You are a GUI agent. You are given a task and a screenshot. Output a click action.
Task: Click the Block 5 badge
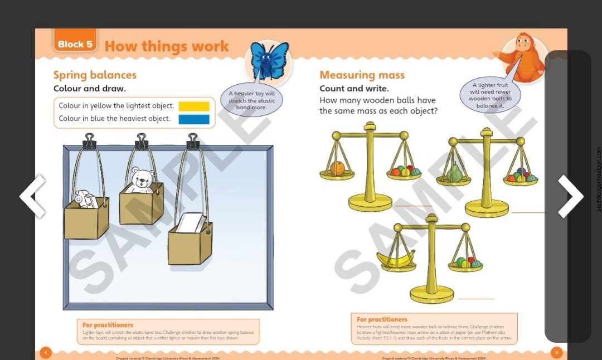click(x=75, y=44)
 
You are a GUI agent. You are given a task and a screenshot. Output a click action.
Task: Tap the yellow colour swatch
click(x=194, y=106)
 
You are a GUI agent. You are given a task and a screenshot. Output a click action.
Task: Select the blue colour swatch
click(x=194, y=119)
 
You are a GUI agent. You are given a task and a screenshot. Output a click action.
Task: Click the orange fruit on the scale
click(x=337, y=168)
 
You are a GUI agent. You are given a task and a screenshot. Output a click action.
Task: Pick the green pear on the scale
click(x=455, y=173)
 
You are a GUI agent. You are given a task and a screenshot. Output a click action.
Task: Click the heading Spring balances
click(x=95, y=75)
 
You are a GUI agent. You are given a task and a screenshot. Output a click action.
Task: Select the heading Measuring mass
click(x=362, y=75)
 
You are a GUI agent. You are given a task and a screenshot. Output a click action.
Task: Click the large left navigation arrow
click(x=32, y=196)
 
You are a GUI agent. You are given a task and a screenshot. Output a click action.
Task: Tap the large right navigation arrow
click(x=570, y=196)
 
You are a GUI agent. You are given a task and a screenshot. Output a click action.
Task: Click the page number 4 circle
click(x=46, y=352)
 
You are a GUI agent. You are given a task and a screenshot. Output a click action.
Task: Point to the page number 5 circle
click(x=556, y=352)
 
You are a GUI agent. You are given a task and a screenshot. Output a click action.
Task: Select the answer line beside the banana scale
click(x=476, y=299)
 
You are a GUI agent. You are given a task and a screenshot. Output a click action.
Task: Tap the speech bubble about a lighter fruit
click(x=490, y=95)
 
